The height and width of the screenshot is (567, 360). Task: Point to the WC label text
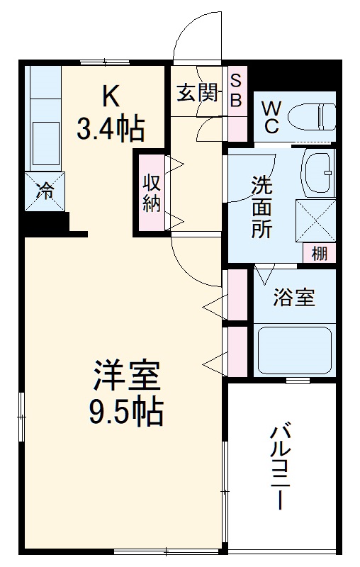[272, 117]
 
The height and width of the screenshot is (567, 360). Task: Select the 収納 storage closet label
[151, 192]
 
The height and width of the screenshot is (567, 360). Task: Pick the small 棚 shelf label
[320, 253]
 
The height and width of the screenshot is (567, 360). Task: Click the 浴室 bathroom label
[294, 298]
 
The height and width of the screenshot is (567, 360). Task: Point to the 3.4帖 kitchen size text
[111, 129]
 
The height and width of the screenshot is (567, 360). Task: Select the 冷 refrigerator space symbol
[44, 191]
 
